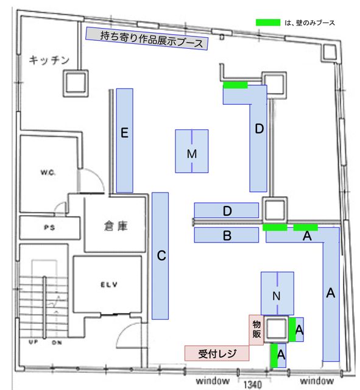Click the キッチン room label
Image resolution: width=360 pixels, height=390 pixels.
49,60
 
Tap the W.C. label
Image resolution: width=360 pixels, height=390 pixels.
48,172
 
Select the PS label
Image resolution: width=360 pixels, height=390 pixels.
49,227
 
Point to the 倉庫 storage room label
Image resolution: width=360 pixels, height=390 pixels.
116,226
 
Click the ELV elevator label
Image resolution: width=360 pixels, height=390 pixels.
109,285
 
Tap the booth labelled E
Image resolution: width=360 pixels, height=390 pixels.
124,141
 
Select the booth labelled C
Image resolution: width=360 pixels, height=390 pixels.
160,256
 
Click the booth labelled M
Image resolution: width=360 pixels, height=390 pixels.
192,151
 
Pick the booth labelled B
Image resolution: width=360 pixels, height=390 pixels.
226,235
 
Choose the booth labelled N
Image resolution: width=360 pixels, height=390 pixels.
277,293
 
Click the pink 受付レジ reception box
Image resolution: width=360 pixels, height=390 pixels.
217,353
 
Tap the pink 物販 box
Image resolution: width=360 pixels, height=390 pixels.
256,330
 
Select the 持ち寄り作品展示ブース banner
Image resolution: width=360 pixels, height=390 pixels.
147,38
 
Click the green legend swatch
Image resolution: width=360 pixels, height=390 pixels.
268,23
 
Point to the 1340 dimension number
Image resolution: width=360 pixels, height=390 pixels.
253,385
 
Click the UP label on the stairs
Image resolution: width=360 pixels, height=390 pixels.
34,342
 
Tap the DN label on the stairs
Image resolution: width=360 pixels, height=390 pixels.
57,342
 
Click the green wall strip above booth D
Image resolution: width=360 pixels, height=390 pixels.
236,85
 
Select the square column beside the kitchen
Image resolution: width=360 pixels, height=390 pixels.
76,83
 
